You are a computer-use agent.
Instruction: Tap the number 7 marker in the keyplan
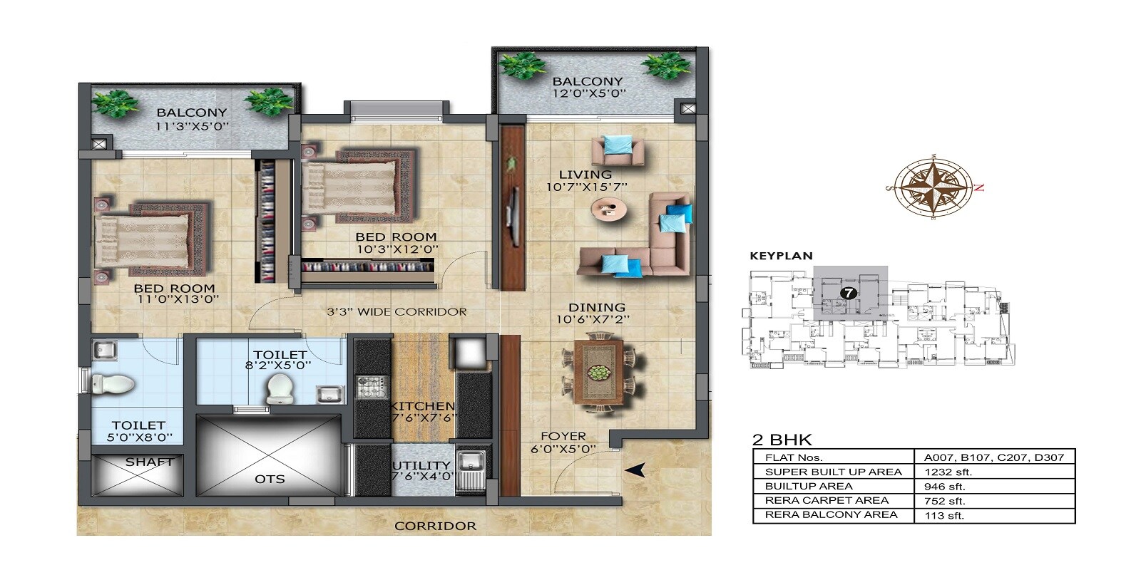click(848, 293)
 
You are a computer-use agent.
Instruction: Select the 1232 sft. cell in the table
click(948, 472)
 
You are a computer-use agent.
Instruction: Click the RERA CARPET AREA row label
click(827, 500)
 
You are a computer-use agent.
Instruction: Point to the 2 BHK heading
click(782, 440)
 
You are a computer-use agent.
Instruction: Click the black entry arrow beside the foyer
click(635, 470)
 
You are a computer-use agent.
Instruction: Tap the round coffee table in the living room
click(609, 209)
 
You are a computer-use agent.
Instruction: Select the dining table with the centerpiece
click(598, 373)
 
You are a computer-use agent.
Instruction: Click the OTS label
click(270, 479)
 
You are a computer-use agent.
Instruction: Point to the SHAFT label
click(149, 462)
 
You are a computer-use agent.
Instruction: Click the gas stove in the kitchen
click(370, 387)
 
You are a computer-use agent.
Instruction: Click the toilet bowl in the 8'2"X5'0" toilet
click(280, 388)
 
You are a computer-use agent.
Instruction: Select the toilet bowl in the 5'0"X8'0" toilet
click(114, 385)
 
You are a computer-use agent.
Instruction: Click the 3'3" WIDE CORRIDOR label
click(396, 311)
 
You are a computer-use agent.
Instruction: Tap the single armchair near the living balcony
click(618, 150)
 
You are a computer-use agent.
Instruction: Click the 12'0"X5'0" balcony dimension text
click(589, 93)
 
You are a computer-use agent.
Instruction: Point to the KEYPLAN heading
click(781, 256)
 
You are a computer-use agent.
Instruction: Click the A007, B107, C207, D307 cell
click(994, 457)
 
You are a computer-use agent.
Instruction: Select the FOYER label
click(563, 436)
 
